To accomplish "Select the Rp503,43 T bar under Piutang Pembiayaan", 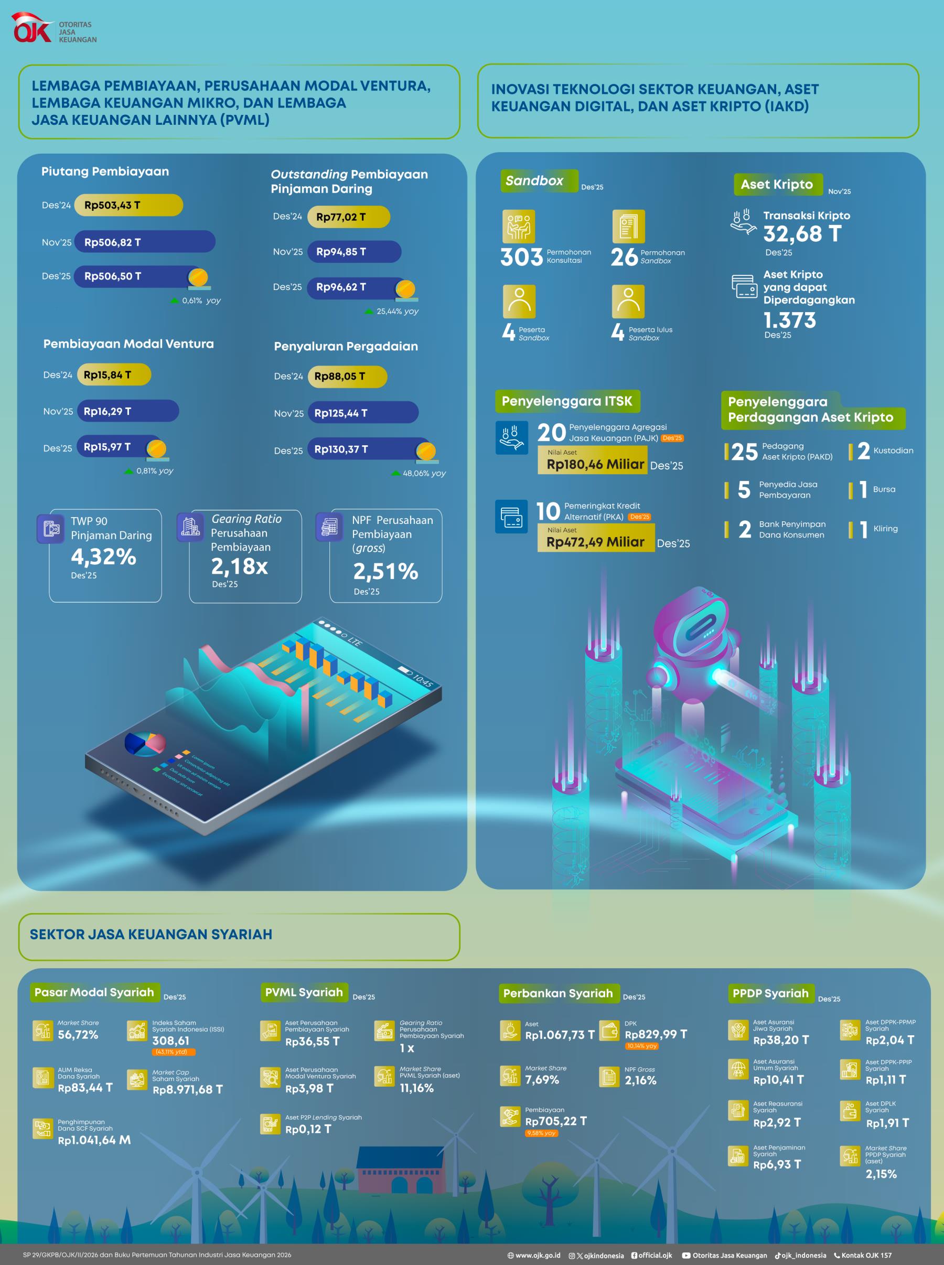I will [x=128, y=205].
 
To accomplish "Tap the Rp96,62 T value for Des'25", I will [x=341, y=287].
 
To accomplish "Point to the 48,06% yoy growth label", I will [x=423, y=473].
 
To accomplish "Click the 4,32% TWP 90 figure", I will [x=103, y=556].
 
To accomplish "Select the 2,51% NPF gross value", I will [x=385, y=571].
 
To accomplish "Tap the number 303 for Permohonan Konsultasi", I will [x=521, y=257].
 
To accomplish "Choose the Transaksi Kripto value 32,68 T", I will [x=802, y=234].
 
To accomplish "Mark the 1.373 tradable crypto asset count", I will [x=790, y=320].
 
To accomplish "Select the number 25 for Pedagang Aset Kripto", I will [x=745, y=452].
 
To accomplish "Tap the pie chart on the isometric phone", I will [x=145, y=743].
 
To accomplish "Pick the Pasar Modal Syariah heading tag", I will [x=94, y=992].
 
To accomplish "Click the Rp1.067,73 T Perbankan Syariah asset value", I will [x=560, y=1035].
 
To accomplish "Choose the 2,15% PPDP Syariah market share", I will [x=881, y=1174].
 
